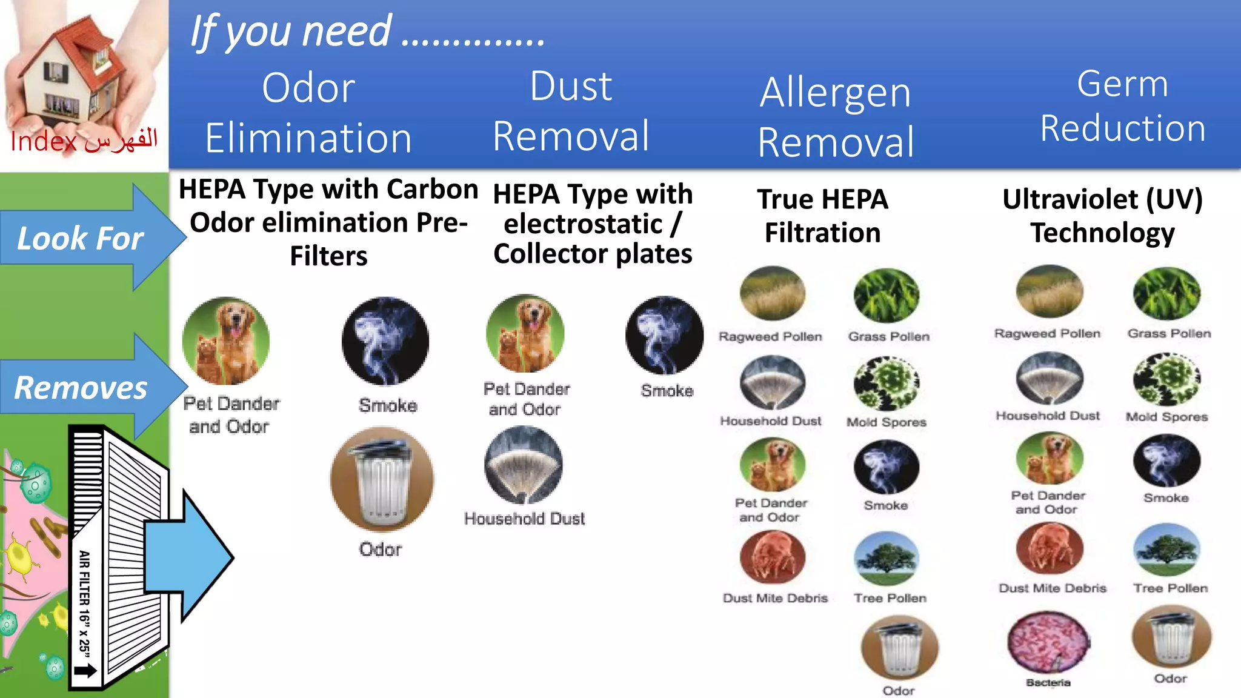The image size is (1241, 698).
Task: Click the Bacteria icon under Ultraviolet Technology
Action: pyautogui.click(x=1048, y=643)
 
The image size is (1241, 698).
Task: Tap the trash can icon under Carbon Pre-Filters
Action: pyautogui.click(x=382, y=479)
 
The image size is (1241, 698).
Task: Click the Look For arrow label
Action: pyautogui.click(x=80, y=238)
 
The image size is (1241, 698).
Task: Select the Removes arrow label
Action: pyautogui.click(x=81, y=388)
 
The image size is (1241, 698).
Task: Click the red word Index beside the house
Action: pyautogui.click(x=44, y=142)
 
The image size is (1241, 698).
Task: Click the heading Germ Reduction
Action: pyautogui.click(x=1122, y=105)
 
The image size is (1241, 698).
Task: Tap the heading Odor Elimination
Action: pyautogui.click(x=308, y=113)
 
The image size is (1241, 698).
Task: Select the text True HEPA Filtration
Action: pyautogui.click(x=822, y=216)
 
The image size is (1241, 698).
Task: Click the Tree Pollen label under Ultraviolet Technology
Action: pyautogui.click(x=1170, y=588)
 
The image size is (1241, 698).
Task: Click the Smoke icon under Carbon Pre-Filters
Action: pyautogui.click(x=385, y=341)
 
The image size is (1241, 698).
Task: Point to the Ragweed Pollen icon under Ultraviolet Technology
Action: pyautogui.click(x=1049, y=292)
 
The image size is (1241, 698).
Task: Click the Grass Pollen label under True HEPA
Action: pyautogui.click(x=888, y=337)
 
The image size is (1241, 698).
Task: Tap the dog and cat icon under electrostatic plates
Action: pyautogui.click(x=525, y=334)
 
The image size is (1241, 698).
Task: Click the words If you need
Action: pyautogui.click(x=291, y=32)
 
